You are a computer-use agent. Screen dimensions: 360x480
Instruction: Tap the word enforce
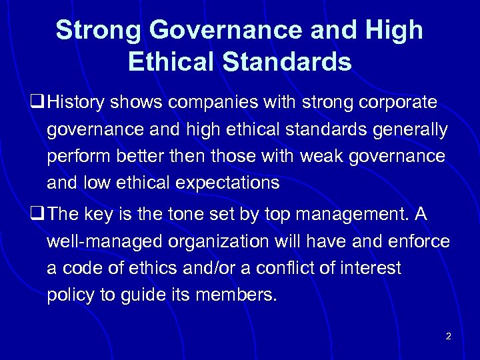(x=419, y=242)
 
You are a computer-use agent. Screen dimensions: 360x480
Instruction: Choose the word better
(x=139, y=156)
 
